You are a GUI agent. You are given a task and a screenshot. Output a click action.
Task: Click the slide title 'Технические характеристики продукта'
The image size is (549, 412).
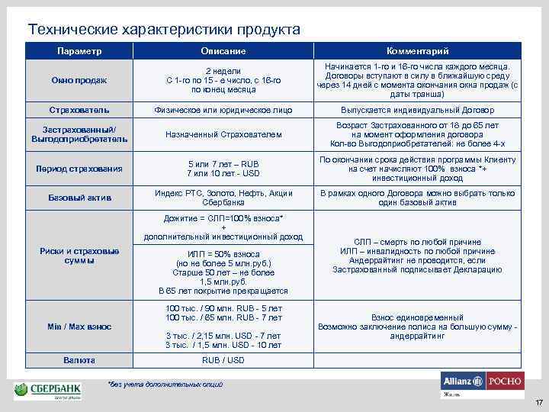click(164, 30)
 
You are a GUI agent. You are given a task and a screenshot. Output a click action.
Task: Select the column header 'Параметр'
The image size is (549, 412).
click(79, 50)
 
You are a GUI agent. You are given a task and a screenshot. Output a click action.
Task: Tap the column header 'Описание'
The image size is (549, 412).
click(223, 51)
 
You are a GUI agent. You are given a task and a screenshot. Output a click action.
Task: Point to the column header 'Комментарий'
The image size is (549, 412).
click(417, 51)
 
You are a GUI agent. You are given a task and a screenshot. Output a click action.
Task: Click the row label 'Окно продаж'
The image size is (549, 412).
click(79, 80)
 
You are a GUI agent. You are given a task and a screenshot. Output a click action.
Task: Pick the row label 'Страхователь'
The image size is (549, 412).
click(79, 110)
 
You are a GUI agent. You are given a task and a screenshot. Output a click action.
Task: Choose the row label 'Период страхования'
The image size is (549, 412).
click(79, 169)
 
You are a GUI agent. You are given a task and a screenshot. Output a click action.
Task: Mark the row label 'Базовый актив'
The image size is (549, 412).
click(79, 198)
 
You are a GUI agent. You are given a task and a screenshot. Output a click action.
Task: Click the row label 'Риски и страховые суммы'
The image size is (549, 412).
click(79, 256)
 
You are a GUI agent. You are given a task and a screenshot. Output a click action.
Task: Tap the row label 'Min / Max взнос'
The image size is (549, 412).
click(79, 327)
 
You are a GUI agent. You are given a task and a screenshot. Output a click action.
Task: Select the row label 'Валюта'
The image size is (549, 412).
click(79, 360)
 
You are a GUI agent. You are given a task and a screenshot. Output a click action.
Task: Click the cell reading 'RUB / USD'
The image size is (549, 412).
click(223, 360)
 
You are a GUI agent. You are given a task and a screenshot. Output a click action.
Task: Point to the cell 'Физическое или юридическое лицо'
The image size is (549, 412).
click(223, 110)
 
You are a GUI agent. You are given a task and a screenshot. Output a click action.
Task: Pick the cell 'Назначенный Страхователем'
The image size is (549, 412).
click(223, 135)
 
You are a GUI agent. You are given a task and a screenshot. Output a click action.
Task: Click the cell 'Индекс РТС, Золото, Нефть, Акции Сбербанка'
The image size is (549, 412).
click(223, 198)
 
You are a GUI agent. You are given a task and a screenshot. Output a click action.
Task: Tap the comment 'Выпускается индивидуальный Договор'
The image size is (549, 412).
click(417, 110)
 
